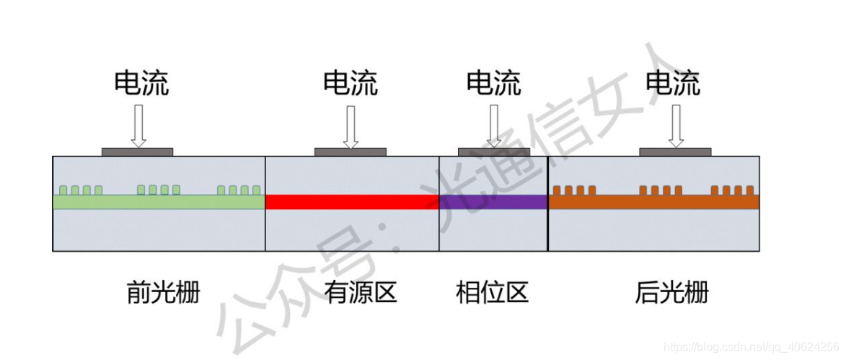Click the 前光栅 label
point(162,294)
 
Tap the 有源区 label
point(360,294)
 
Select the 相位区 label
point(493,294)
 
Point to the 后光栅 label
point(671,294)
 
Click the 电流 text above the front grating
point(141,84)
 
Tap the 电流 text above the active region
point(351,84)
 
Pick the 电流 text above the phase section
point(493,84)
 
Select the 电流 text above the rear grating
point(673,84)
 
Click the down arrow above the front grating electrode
point(138,126)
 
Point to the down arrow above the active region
point(351,126)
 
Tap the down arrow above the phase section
point(494,126)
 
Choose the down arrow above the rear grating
point(676,126)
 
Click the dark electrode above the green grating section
point(137,152)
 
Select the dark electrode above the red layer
point(351,152)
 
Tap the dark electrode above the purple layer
point(494,152)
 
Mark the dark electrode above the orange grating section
point(675,152)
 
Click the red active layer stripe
point(352,202)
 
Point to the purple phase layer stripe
point(493,202)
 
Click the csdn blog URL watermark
point(750,346)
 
